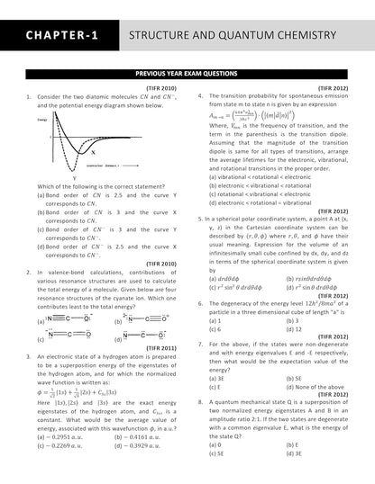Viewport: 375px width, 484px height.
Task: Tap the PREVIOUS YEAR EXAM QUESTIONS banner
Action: click(187, 76)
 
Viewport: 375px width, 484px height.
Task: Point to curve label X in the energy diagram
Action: click(93, 152)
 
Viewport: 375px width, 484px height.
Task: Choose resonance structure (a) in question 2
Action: click(65, 318)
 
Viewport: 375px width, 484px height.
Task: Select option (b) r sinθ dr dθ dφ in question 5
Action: click(314, 278)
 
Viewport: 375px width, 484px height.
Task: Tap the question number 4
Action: click(201, 94)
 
